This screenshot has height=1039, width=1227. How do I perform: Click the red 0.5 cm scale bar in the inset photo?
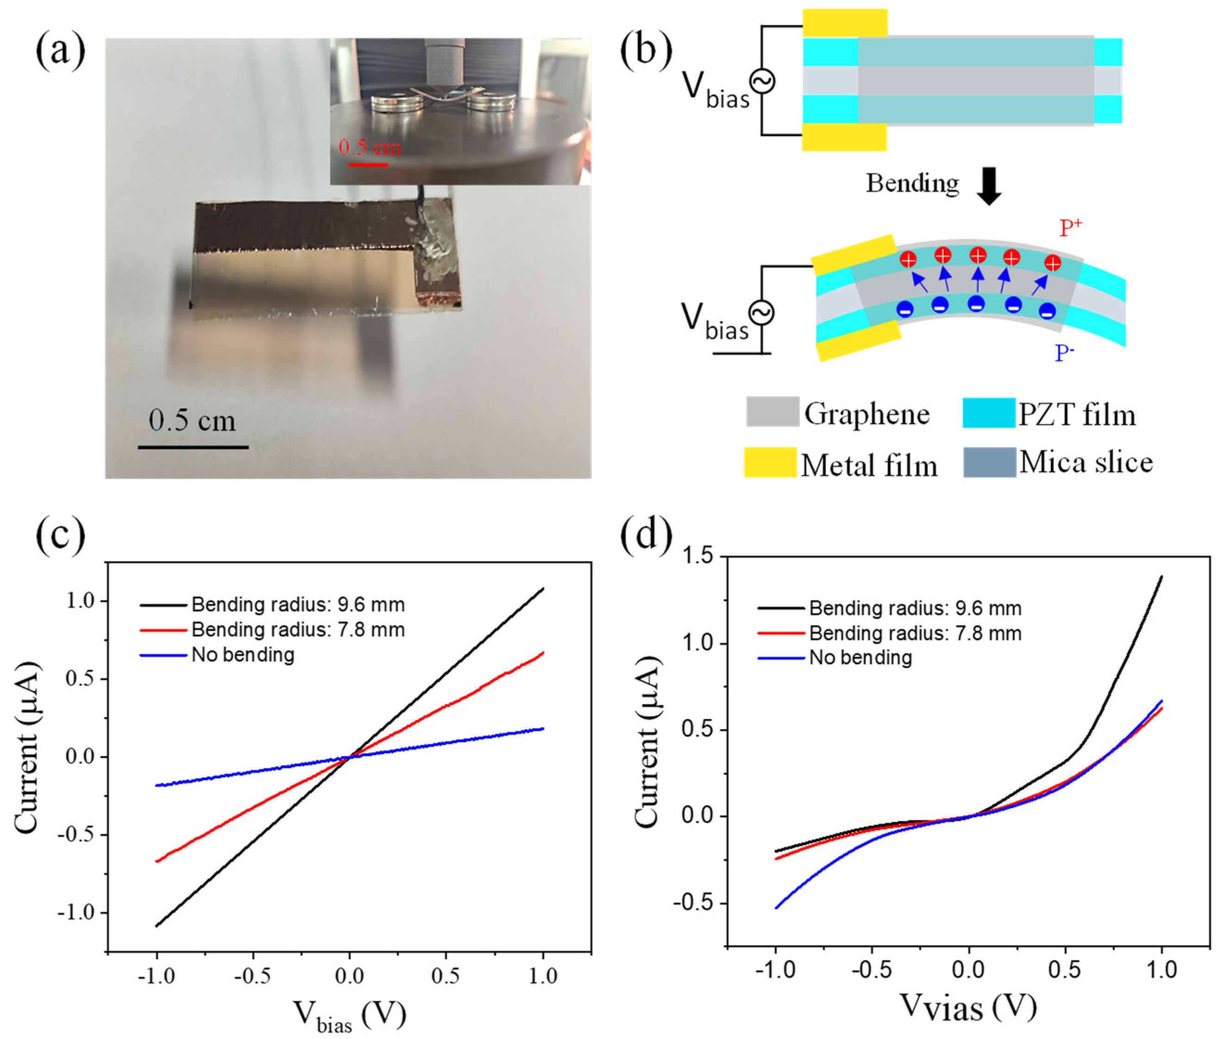point(368,165)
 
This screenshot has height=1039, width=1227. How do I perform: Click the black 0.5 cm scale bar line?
point(193,447)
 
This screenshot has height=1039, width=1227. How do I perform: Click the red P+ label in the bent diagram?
point(1070,227)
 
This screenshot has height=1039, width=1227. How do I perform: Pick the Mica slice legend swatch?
point(989,462)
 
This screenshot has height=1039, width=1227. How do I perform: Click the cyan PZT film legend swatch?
point(989,413)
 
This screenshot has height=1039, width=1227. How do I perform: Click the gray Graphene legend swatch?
point(772,412)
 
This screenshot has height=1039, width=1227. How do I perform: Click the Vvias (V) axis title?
point(968,1006)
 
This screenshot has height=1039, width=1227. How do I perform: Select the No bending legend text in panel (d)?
point(860,658)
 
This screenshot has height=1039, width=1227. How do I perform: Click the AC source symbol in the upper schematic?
point(761,82)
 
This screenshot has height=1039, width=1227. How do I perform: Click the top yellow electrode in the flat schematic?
point(844,24)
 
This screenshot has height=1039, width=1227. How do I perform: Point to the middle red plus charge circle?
point(978,255)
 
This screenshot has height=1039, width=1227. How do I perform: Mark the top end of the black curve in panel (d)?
point(1161,577)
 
